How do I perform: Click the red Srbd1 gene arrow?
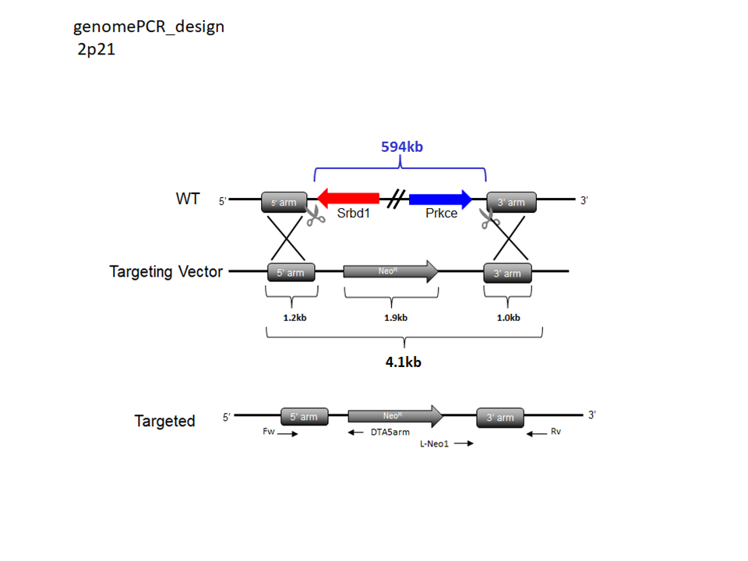click(348, 199)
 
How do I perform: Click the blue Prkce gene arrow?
click(440, 199)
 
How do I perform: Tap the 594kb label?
click(402, 146)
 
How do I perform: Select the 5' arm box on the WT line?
click(284, 203)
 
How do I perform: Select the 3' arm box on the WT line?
click(511, 203)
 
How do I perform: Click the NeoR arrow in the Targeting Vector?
click(390, 271)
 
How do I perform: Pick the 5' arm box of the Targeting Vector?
click(291, 273)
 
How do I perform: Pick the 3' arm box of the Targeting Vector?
click(507, 273)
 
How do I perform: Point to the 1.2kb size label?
click(295, 318)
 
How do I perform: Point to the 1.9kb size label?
click(396, 318)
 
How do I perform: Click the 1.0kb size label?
click(509, 318)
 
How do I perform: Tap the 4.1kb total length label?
click(403, 362)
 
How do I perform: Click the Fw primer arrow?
click(288, 434)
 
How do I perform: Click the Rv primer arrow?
click(537, 434)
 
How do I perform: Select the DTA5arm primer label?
click(390, 432)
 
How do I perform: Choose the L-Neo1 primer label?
click(434, 444)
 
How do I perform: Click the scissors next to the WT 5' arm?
click(315, 216)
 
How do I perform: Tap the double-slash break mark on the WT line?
click(396, 199)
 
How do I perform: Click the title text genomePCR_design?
click(149, 26)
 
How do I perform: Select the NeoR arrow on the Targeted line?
click(396, 416)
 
